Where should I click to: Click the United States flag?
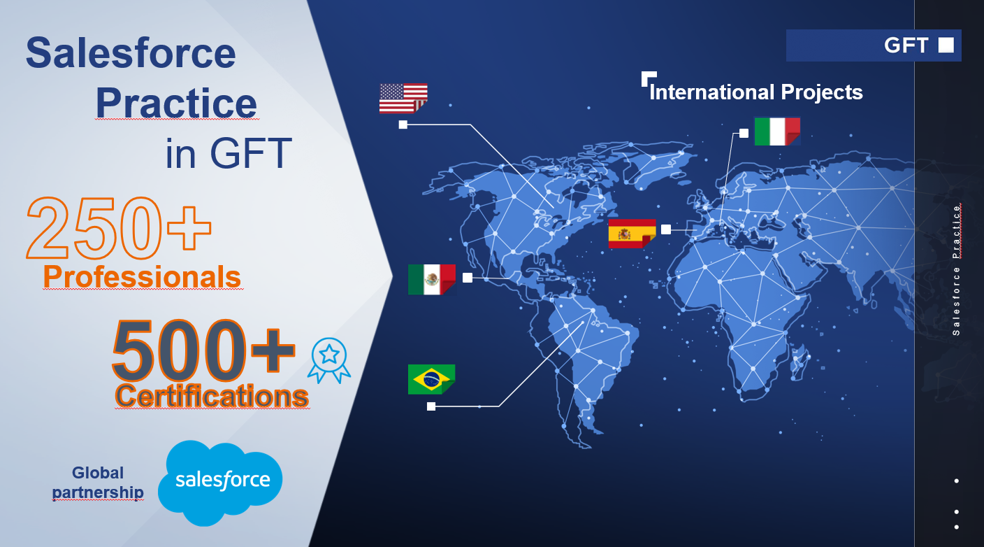[x=403, y=98]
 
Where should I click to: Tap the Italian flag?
[x=777, y=132]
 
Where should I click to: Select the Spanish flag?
[x=632, y=234]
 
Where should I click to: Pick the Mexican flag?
[x=431, y=279]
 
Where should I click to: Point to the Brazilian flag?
[x=431, y=379]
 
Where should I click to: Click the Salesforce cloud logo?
[x=221, y=481]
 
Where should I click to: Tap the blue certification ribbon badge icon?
[x=329, y=360]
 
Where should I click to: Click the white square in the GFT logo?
[x=946, y=45]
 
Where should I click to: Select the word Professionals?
[x=142, y=277]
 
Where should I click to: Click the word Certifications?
[x=211, y=396]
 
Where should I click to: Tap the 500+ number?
[x=203, y=348]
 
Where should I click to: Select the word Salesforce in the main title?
[x=131, y=52]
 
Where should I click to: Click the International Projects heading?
[x=755, y=92]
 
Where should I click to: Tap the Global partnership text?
[x=98, y=483]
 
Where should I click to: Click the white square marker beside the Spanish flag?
[x=666, y=229]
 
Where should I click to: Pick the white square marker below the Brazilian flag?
[x=431, y=406]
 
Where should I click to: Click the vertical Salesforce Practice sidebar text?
[x=957, y=269]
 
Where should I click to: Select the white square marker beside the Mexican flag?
[x=468, y=278]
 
